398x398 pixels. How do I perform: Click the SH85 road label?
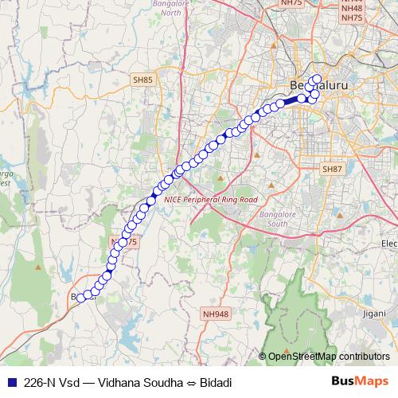tap(142, 80)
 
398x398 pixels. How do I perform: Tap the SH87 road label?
tap(331, 170)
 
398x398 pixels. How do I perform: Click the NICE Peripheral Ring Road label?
tap(211, 199)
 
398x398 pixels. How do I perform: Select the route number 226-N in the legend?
tap(41, 381)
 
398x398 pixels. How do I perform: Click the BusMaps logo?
tap(361, 380)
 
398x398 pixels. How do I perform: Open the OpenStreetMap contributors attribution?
tap(329, 357)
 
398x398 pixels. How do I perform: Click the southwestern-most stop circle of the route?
tap(80, 298)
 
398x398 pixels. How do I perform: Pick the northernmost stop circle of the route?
tap(317, 79)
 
